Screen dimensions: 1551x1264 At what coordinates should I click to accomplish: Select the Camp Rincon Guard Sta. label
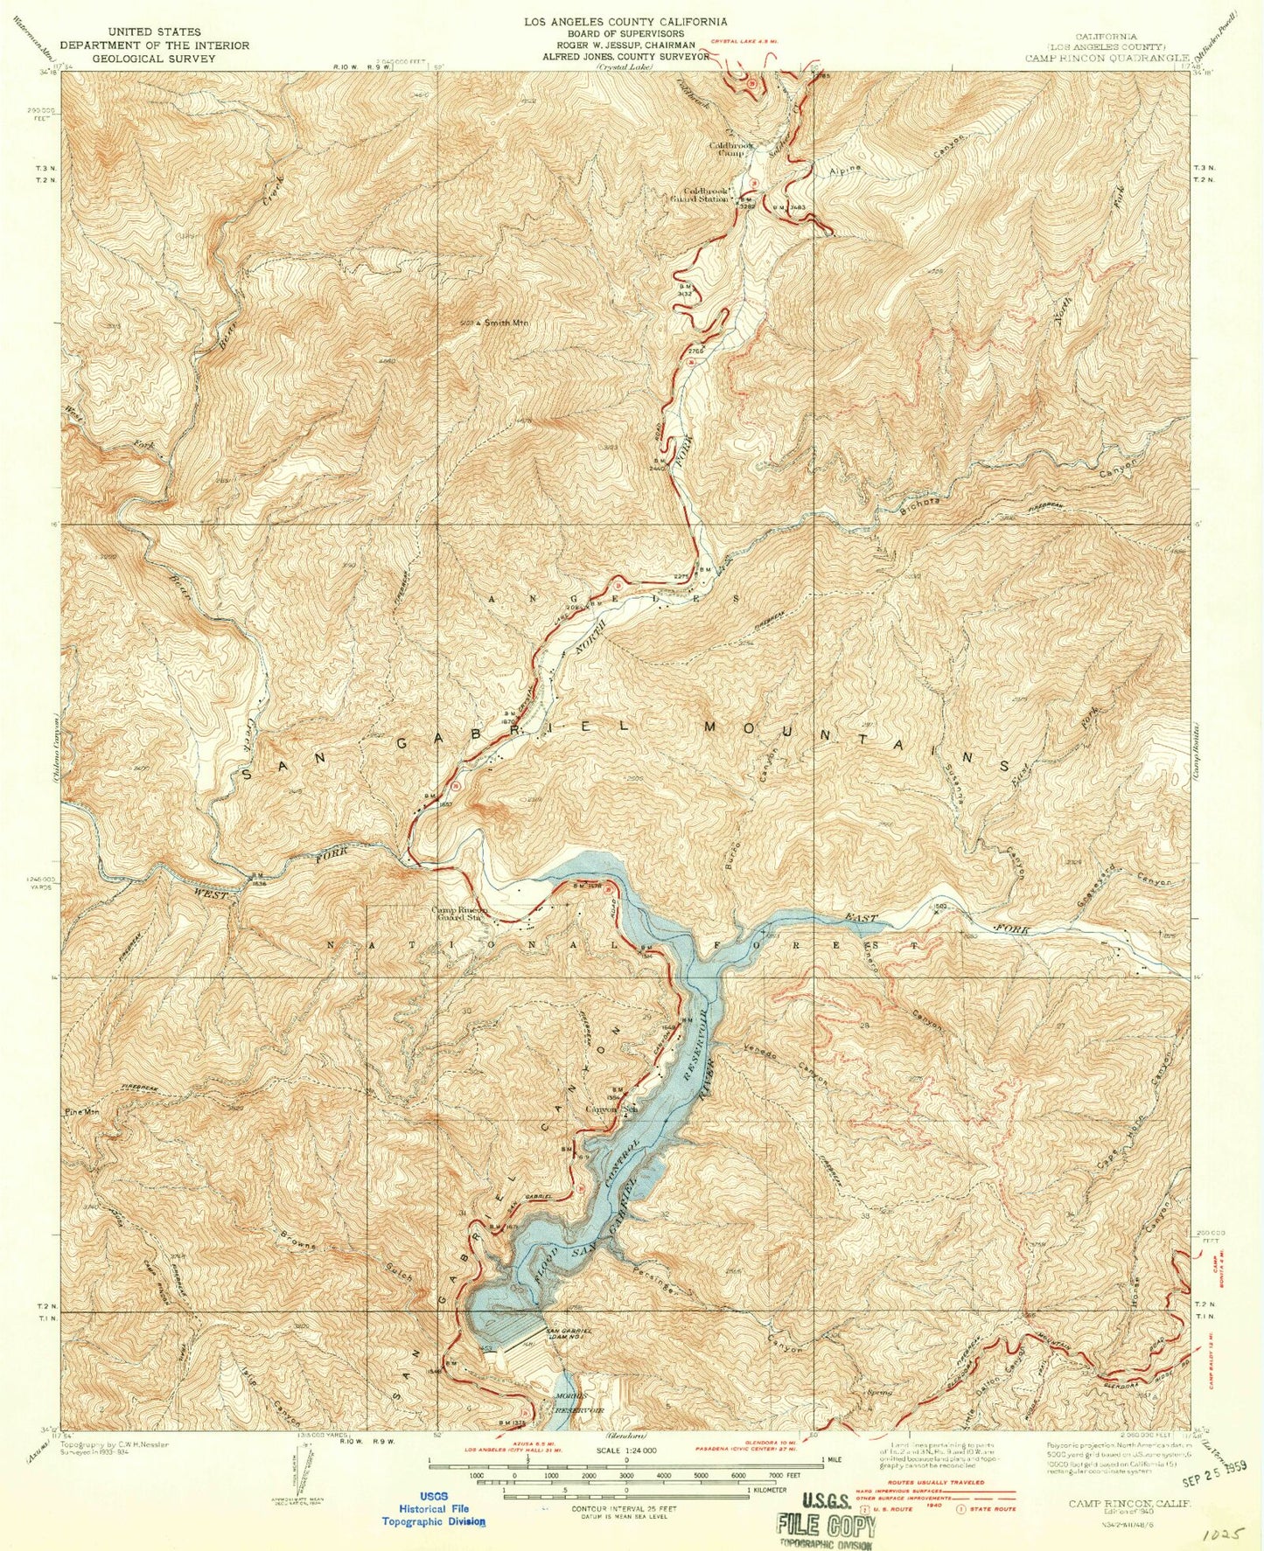[457, 913]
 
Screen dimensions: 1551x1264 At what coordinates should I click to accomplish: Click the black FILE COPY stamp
[826, 1527]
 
